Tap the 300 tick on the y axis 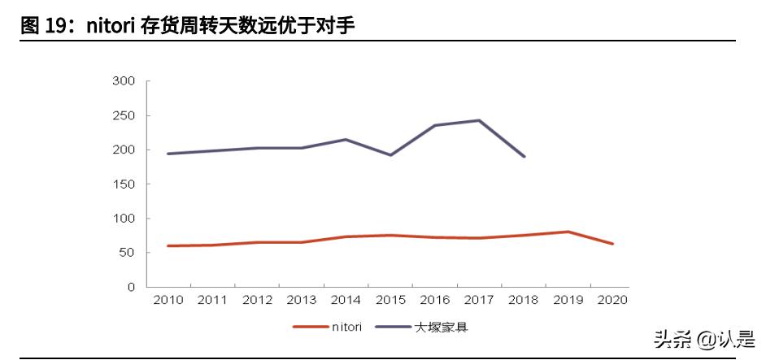[123, 81]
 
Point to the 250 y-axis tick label [123, 115]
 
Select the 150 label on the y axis [123, 184]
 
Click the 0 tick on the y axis [130, 288]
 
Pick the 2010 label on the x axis [168, 300]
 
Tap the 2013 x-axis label [301, 300]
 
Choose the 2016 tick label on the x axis [434, 300]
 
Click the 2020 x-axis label [611, 300]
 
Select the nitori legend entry [322, 327]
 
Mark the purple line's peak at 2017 [479, 120]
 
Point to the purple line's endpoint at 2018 [524, 156]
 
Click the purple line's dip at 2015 [390, 155]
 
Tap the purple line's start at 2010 [168, 154]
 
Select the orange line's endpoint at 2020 [611, 244]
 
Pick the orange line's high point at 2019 [568, 232]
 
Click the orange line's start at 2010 [168, 245]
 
